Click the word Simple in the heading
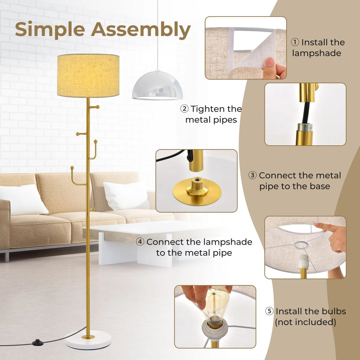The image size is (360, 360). point(49,30)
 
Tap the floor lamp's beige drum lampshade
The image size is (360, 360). point(88,75)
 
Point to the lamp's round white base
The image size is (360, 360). point(88,340)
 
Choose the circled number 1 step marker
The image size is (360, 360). point(295,43)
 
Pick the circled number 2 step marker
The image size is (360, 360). point(184,109)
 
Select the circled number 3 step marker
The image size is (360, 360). point(252,175)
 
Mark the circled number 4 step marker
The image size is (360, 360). point(140,242)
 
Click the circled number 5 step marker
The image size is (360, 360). point(269,311)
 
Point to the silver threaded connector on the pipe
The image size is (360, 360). point(304,127)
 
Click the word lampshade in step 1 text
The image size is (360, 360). point(316,53)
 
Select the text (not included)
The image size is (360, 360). point(305,322)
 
